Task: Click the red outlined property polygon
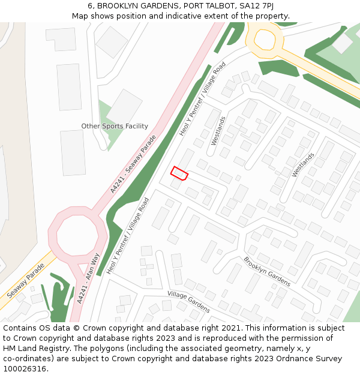click(x=179, y=173)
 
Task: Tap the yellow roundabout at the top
click(x=264, y=39)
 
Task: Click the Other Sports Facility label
click(x=115, y=126)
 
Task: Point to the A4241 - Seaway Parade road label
click(x=133, y=163)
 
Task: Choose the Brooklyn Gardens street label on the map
click(x=267, y=272)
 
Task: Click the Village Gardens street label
click(x=189, y=302)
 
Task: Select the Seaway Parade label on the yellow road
click(x=28, y=281)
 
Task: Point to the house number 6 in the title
click(x=90, y=6)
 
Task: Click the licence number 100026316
click(x=25, y=369)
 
